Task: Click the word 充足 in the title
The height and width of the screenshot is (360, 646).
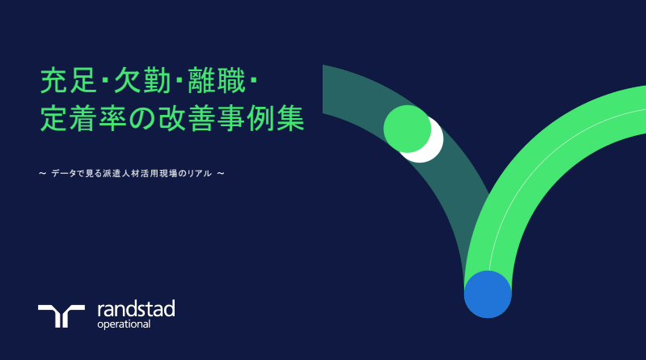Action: [69, 81]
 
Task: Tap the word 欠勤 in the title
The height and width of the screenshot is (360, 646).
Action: [142, 81]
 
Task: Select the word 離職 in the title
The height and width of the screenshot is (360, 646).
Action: [217, 81]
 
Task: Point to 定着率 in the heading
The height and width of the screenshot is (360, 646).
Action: [83, 118]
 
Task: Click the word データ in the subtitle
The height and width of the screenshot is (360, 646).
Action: [64, 174]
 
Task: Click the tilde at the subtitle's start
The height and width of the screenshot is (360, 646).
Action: [42, 174]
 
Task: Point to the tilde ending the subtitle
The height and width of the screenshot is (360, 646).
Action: [221, 174]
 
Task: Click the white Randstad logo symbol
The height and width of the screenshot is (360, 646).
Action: [61, 316]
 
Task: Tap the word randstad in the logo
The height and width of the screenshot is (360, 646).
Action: [137, 309]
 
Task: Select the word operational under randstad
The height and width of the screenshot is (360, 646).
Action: [124, 324]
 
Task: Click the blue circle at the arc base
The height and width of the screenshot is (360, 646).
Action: [488, 294]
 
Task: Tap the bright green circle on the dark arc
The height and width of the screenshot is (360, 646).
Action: [407, 129]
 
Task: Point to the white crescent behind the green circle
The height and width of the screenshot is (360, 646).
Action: [432, 145]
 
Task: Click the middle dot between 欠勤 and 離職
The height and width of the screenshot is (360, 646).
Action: [179, 81]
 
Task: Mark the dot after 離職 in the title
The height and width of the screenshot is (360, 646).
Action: [253, 81]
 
